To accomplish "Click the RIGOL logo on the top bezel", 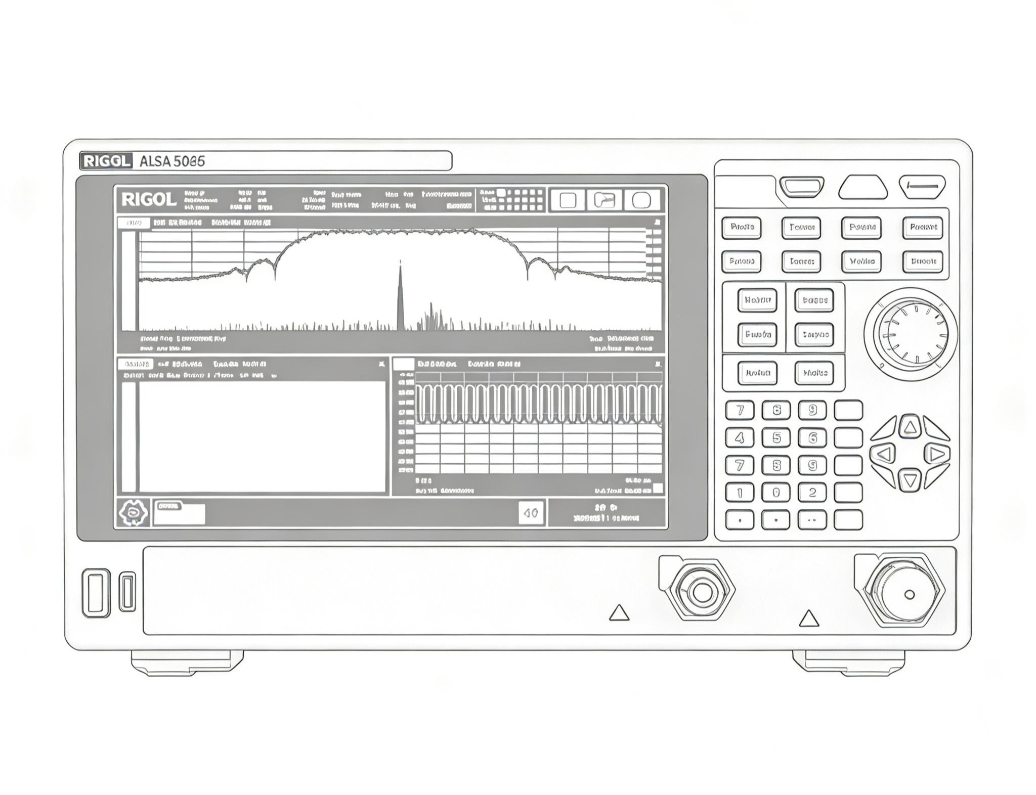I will click(x=105, y=161).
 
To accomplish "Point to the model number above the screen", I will click(x=172, y=161).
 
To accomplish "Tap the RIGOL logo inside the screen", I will click(x=149, y=200).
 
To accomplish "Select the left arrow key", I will click(x=884, y=454).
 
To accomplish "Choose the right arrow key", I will click(x=936, y=454).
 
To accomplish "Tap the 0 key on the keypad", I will click(x=776, y=492).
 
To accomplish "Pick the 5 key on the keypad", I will click(x=776, y=438).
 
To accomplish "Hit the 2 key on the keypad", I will click(x=812, y=492).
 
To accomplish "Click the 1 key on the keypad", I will click(x=740, y=492).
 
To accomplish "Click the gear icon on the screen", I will click(x=133, y=513).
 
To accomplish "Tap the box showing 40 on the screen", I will click(x=531, y=513).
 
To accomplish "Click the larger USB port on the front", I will click(x=96, y=593).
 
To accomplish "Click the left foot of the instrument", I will click(x=187, y=662).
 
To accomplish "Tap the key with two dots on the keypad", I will click(x=812, y=520).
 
